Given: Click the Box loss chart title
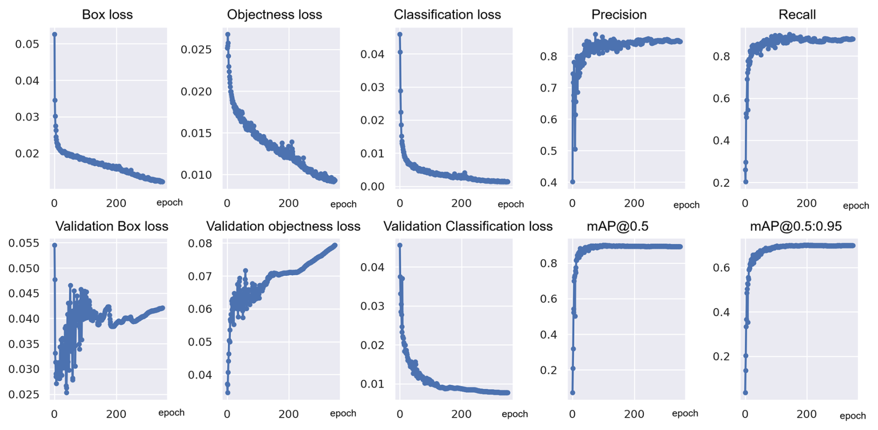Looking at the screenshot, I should coord(107,14).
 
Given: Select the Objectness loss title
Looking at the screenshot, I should coord(274,14).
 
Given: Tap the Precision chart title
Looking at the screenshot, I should coord(619,14).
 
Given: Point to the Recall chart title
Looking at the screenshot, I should coord(797,14).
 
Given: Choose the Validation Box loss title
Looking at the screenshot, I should coord(111,226).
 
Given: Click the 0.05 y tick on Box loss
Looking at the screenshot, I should coord(27,44).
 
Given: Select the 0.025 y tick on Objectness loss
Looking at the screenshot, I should coord(196,50).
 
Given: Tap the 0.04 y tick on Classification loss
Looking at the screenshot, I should coord(372,54).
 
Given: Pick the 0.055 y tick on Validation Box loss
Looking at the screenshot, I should coord(24,243).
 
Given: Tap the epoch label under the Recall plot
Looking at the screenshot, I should coord(856,205).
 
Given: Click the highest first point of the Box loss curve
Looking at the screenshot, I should coord(54,34).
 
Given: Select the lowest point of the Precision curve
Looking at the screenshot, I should coord(573,182).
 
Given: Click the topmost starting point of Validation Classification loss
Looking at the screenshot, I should coord(400,245).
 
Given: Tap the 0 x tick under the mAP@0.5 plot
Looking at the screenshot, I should coord(572,414).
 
